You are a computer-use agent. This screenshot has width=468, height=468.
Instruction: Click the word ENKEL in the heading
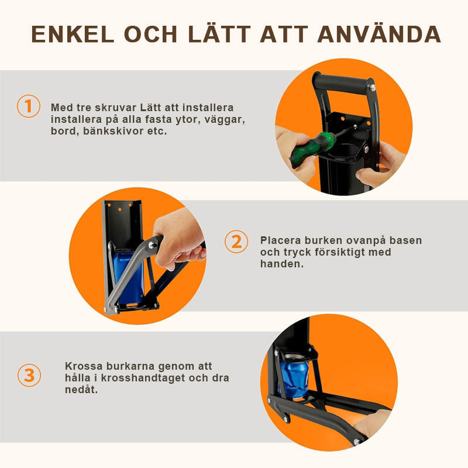pyautogui.click(x=73, y=35)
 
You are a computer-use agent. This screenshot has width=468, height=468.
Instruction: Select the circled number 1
pyautogui.click(x=28, y=106)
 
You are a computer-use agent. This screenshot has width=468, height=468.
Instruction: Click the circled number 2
pyautogui.click(x=236, y=242)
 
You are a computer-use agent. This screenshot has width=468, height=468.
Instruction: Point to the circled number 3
pyautogui.click(x=29, y=375)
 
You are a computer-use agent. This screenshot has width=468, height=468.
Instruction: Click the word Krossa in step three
pyautogui.click(x=84, y=366)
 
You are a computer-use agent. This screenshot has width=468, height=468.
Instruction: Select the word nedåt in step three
pyautogui.click(x=80, y=390)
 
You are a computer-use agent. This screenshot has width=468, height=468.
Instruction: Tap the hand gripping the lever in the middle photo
pyautogui.click(x=179, y=239)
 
